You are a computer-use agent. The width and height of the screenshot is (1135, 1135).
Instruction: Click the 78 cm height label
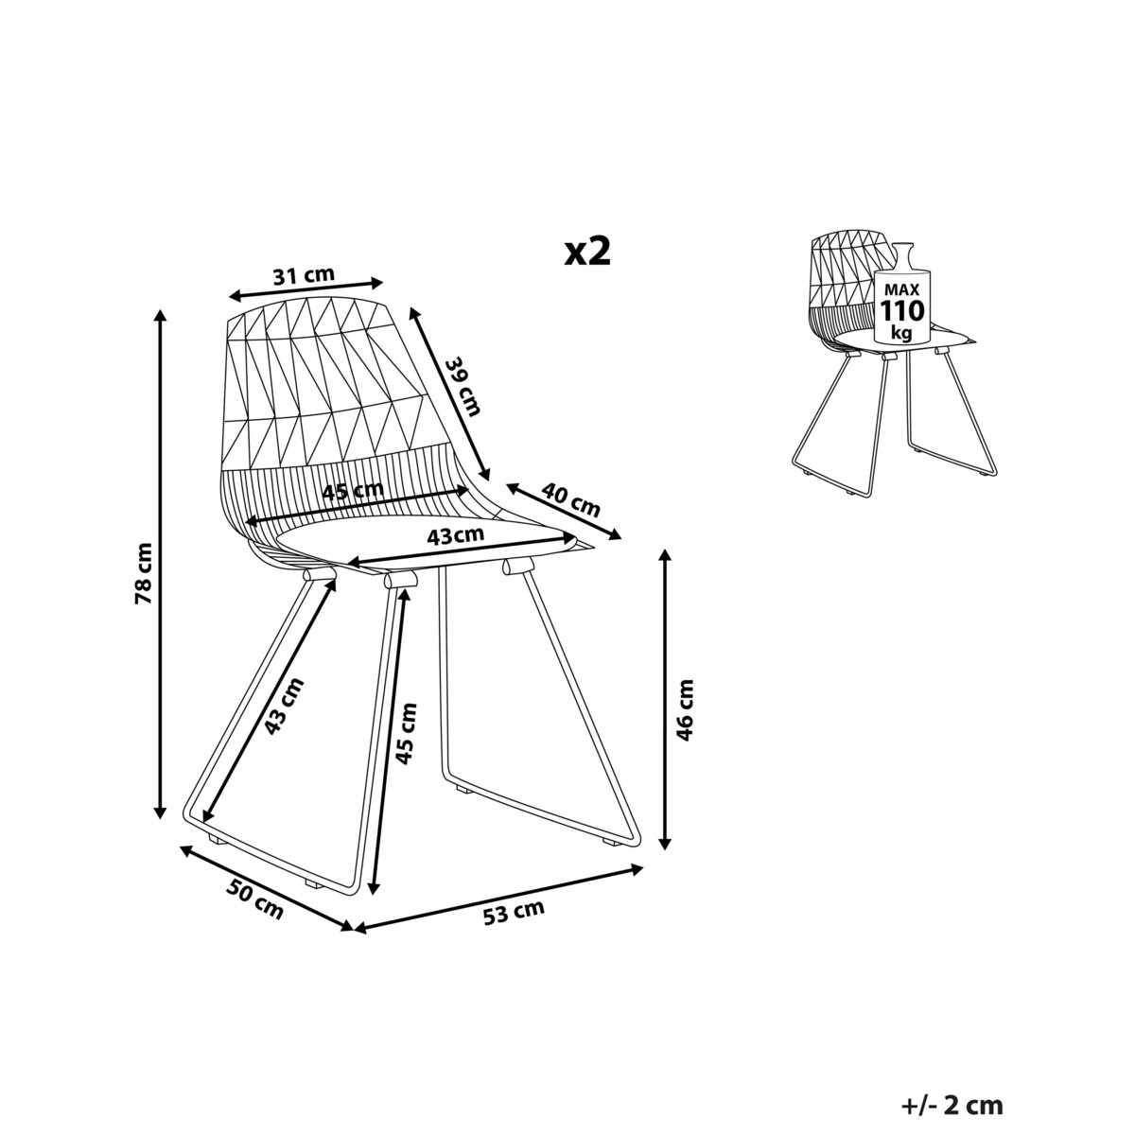pyautogui.click(x=143, y=573)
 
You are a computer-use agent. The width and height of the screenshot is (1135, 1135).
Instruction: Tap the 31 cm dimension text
pyautogui.click(x=304, y=275)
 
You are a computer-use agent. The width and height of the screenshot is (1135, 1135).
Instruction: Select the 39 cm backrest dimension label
pyautogui.click(x=463, y=387)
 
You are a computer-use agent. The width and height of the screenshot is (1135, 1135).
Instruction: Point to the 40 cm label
pyautogui.click(x=570, y=500)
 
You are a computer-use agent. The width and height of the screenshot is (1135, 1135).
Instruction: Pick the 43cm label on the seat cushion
pyautogui.click(x=455, y=535)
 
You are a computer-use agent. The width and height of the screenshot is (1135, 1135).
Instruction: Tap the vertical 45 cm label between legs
pyautogui.click(x=406, y=734)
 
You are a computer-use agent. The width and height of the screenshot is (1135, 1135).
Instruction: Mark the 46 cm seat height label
pyautogui.click(x=685, y=710)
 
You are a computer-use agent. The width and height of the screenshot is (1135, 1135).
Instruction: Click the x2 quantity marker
pyautogui.click(x=587, y=253)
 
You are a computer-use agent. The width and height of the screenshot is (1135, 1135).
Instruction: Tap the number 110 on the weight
pyautogui.click(x=902, y=310)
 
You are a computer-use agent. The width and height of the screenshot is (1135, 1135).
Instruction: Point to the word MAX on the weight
pyautogui.click(x=902, y=288)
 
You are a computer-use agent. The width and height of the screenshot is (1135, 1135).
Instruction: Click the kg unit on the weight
pyautogui.click(x=901, y=333)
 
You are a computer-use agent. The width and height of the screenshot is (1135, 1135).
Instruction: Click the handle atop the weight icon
pyautogui.click(x=901, y=256)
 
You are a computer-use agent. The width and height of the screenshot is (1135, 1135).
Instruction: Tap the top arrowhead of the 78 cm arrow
pyautogui.click(x=159, y=316)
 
